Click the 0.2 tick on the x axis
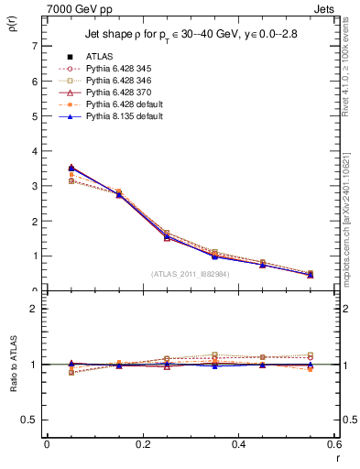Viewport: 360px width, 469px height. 142,444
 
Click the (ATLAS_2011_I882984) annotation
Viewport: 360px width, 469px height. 191,273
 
